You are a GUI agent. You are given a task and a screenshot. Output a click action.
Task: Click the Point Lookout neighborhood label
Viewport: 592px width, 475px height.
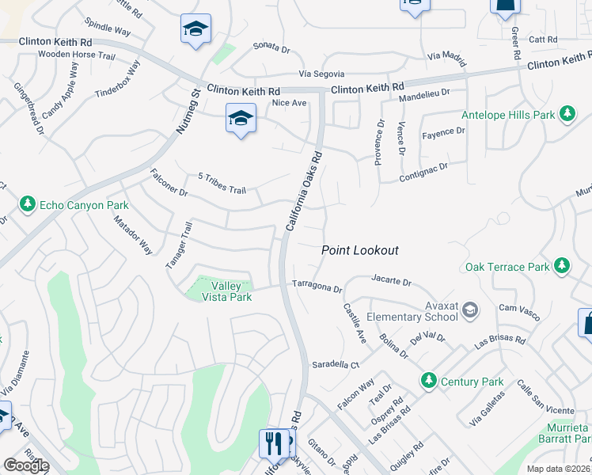click(x=359, y=250)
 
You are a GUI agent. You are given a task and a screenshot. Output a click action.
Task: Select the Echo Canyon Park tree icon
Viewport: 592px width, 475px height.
click(x=28, y=205)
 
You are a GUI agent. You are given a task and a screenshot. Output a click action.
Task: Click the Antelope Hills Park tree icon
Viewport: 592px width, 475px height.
click(x=567, y=115)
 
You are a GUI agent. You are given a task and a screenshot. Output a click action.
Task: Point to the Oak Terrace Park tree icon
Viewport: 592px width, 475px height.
click(x=562, y=264)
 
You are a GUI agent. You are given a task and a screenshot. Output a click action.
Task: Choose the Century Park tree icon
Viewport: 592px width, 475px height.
click(x=429, y=381)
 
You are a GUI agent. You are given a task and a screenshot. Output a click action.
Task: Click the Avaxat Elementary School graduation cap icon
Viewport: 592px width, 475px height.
click(x=470, y=309)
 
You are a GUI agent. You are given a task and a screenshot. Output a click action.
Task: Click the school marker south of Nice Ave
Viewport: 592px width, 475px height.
click(x=241, y=119)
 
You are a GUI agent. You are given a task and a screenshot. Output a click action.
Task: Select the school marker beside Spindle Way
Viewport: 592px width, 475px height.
click(x=195, y=29)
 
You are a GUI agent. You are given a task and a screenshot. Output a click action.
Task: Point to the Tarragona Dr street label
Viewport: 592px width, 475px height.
click(x=317, y=288)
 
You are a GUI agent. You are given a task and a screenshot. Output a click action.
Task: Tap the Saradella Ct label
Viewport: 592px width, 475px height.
click(x=335, y=365)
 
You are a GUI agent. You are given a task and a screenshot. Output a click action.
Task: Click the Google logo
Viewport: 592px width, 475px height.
click(x=25, y=465)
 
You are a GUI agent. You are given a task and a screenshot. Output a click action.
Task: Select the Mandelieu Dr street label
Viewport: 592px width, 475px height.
click(x=423, y=93)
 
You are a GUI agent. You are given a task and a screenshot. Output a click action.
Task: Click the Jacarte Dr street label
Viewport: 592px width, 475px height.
click(x=392, y=280)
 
